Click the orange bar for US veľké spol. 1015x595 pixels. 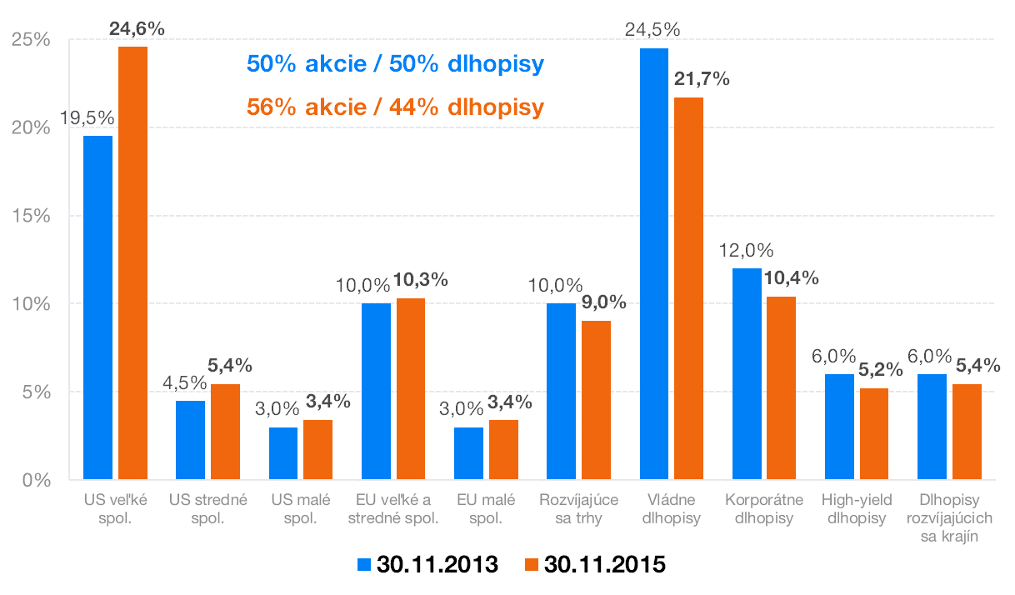click(132, 262)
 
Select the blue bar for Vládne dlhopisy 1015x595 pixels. click(653, 263)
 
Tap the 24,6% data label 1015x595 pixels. click(137, 28)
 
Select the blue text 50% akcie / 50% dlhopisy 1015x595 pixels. click(395, 65)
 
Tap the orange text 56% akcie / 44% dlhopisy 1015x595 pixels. click(395, 107)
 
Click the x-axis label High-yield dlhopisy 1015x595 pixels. click(857, 509)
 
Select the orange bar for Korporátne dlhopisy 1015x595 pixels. click(780, 387)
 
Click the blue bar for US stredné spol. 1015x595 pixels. click(190, 440)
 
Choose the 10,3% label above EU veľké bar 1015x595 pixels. click(421, 280)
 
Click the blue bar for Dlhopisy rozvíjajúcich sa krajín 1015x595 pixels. click(932, 427)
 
